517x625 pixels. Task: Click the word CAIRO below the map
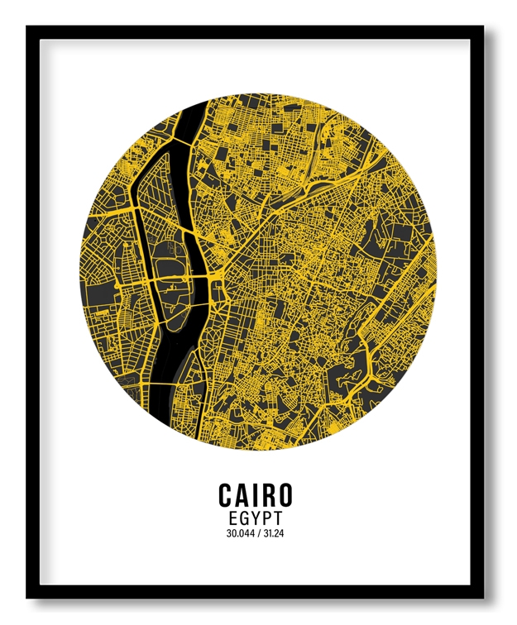(256, 494)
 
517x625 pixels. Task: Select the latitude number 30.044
(240, 533)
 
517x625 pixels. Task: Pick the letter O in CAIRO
(283, 494)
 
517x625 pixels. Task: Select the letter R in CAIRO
(268, 494)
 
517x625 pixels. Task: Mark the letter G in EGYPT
(243, 518)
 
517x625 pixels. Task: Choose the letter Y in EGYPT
(256, 518)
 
